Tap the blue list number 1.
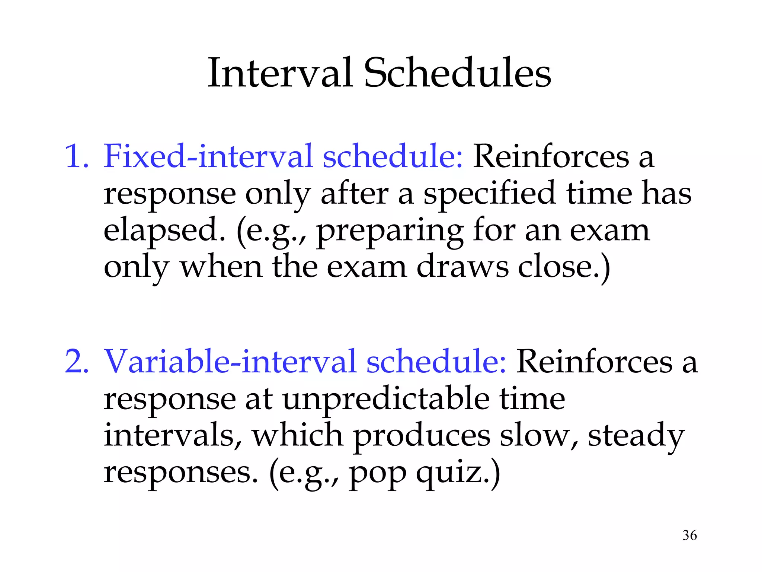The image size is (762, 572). (76, 156)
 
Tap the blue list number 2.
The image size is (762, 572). (76, 361)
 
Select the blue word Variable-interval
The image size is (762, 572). (230, 361)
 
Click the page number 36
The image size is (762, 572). (689, 535)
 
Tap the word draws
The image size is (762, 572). (462, 267)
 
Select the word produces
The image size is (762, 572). (421, 436)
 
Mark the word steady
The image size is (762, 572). (636, 436)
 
